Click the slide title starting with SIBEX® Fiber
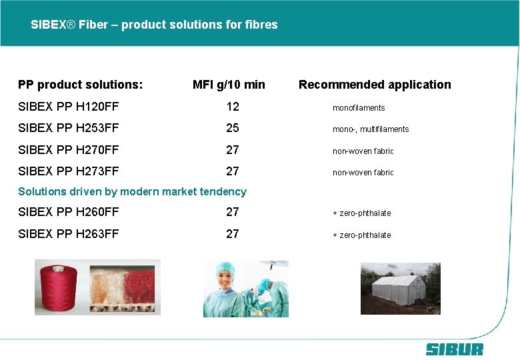pyautogui.click(x=154, y=25)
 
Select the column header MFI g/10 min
pyautogui.click(x=229, y=85)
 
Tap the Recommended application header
pyautogui.click(x=375, y=85)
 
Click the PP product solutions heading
pyautogui.click(x=81, y=85)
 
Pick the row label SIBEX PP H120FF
pyautogui.click(x=69, y=107)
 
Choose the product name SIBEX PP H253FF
pyautogui.click(x=69, y=128)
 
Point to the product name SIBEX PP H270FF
pyautogui.click(x=69, y=150)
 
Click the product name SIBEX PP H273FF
pyautogui.click(x=69, y=171)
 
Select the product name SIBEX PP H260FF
pyautogui.click(x=69, y=212)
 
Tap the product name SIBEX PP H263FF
pyautogui.click(x=69, y=234)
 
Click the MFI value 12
pyautogui.click(x=232, y=107)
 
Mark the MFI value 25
pyautogui.click(x=232, y=128)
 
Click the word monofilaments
pyautogui.click(x=359, y=108)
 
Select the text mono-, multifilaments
pyautogui.click(x=371, y=129)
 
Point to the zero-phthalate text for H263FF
pyautogui.click(x=362, y=235)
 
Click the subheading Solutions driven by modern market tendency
pyautogui.click(x=132, y=192)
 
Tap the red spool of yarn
pyautogui.click(x=59, y=288)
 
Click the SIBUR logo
pyautogui.click(x=455, y=349)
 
